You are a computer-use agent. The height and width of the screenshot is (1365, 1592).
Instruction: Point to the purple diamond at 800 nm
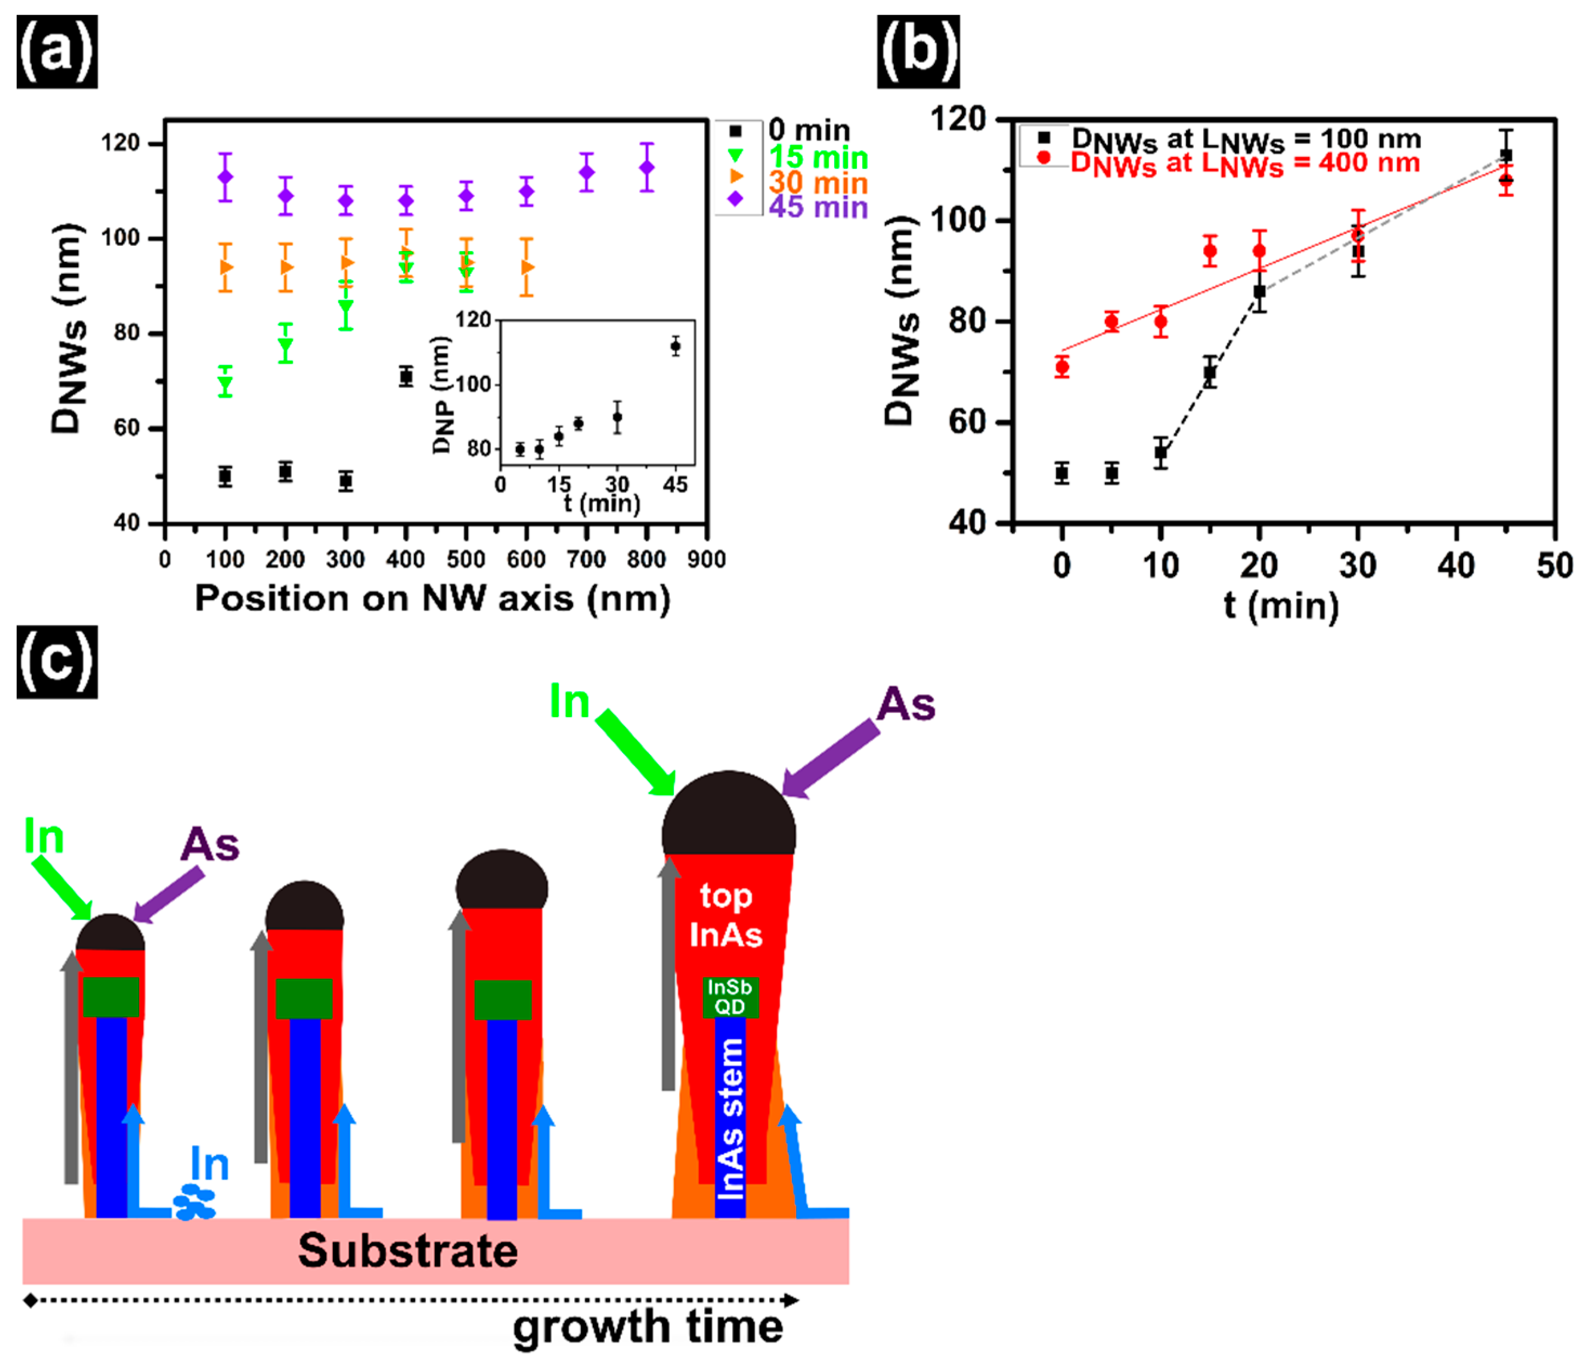point(647,167)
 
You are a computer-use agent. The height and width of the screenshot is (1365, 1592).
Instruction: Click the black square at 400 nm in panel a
point(405,376)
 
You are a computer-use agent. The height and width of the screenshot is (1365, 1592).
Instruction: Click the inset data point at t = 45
point(676,346)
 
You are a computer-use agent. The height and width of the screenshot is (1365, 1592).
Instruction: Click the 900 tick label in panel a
point(706,559)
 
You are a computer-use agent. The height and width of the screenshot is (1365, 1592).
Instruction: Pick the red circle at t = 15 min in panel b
point(1210,251)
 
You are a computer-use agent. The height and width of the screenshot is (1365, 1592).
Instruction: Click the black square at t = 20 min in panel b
point(1259,292)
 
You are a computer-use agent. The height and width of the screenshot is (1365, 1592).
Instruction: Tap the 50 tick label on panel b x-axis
point(1554,566)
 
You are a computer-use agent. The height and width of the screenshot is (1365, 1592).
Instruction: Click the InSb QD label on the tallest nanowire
point(729,997)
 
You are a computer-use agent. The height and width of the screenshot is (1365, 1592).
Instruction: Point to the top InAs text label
point(726,915)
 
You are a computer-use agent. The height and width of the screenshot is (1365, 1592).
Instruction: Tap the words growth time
point(648,1327)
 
